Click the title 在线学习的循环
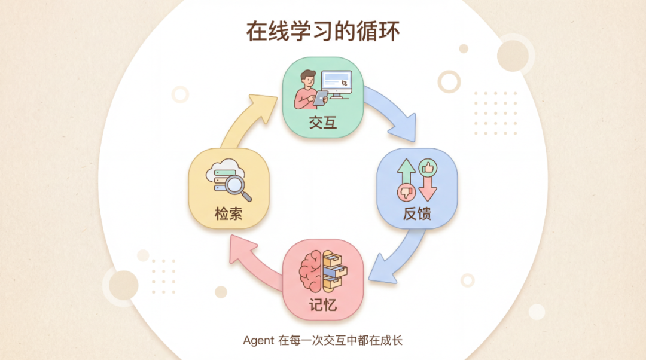[323, 31]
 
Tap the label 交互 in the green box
[323, 123]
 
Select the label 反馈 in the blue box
[417, 213]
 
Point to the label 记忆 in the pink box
[323, 304]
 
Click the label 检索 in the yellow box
[228, 213]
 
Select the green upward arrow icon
[407, 174]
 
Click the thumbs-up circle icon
[428, 167]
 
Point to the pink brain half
[311, 270]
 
